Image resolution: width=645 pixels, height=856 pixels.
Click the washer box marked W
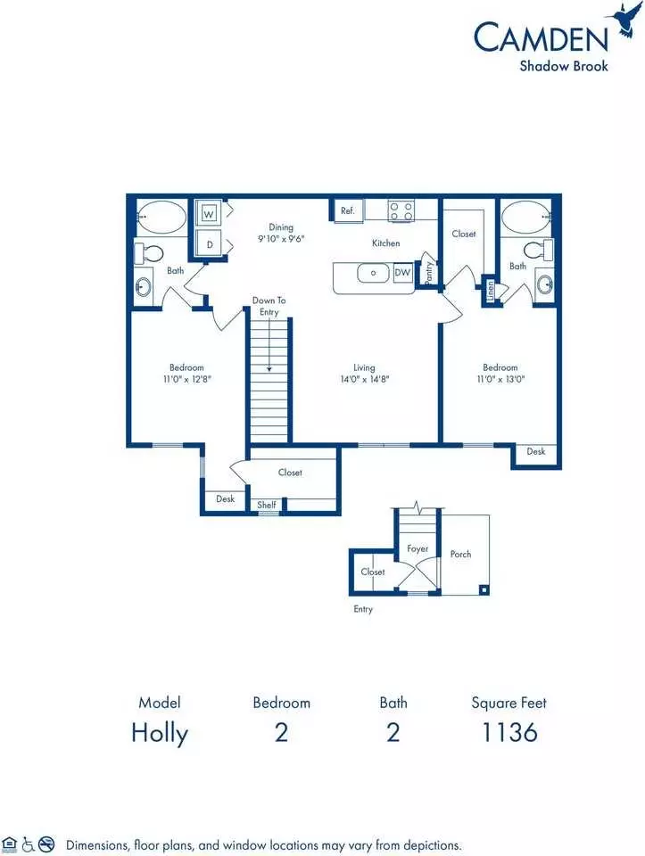(209, 214)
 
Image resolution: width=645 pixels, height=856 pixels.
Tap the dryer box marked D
(209, 244)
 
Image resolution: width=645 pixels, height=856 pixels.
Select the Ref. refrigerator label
(347, 210)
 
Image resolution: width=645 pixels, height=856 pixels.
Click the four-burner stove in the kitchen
(401, 211)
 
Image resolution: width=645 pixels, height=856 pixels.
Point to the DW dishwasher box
(402, 273)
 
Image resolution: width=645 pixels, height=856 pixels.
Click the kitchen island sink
(374, 273)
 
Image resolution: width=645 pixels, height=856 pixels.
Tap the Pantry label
(428, 272)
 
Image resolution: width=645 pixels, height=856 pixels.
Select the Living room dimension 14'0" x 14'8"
(364, 379)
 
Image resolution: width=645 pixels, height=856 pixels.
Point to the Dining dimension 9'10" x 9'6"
(281, 239)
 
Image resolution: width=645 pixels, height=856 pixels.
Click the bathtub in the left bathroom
(161, 218)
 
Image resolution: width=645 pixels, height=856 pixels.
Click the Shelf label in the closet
(267, 505)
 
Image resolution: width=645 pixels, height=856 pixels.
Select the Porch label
(460, 554)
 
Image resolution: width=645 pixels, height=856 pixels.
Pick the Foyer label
(418, 548)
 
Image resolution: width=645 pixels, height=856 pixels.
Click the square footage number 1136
(509, 732)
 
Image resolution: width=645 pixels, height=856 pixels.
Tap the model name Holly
(160, 733)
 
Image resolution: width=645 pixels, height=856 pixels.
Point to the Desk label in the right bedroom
(536, 451)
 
